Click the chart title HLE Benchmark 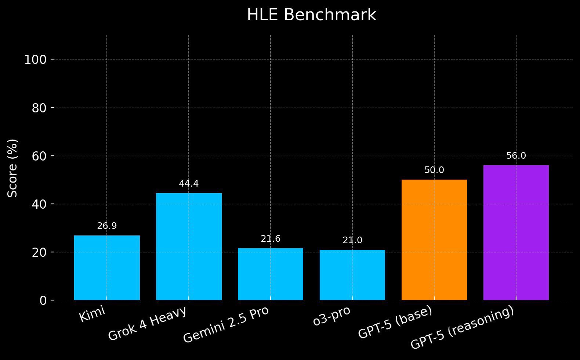[311, 15]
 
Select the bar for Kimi [107, 268]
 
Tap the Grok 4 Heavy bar [189, 246]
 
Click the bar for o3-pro [352, 275]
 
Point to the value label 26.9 [107, 226]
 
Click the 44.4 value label [189, 184]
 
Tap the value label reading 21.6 [271, 239]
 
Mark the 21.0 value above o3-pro [352, 241]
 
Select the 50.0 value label [434, 170]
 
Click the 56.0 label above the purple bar [516, 156]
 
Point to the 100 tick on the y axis [35, 60]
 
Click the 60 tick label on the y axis [39, 156]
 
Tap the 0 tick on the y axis [43, 301]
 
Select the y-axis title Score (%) [13, 168]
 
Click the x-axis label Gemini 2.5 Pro [226, 325]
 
